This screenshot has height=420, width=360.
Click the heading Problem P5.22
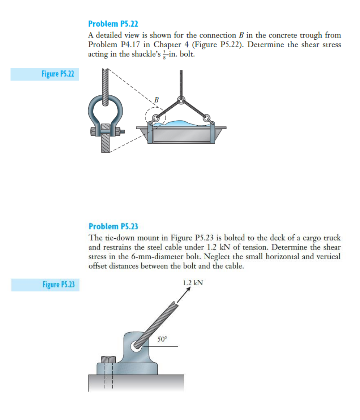click(x=113, y=24)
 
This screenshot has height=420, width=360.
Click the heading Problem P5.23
click(x=113, y=226)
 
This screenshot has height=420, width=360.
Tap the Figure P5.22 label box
click(x=45, y=74)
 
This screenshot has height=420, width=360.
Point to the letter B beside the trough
click(x=156, y=99)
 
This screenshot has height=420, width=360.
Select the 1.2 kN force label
click(x=193, y=282)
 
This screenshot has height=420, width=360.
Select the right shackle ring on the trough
click(x=207, y=118)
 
